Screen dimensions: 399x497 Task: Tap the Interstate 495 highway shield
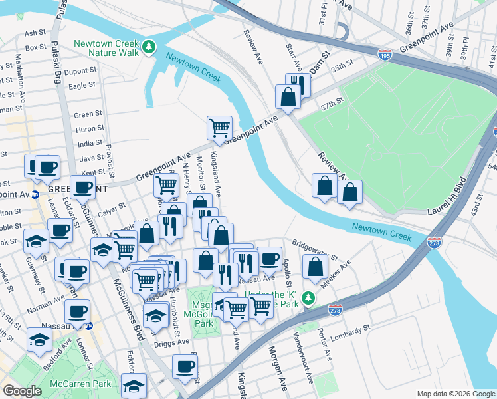pos(384,56)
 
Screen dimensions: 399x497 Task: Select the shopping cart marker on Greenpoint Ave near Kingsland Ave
pos(219,127)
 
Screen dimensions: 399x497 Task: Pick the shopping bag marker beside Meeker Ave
pos(316,267)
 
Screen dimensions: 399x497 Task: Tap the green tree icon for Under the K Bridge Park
pos(308,296)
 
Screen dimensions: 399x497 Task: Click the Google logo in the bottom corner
pos(23,391)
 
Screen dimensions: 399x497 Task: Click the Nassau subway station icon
pos(89,326)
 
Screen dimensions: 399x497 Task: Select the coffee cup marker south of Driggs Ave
pos(185,366)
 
